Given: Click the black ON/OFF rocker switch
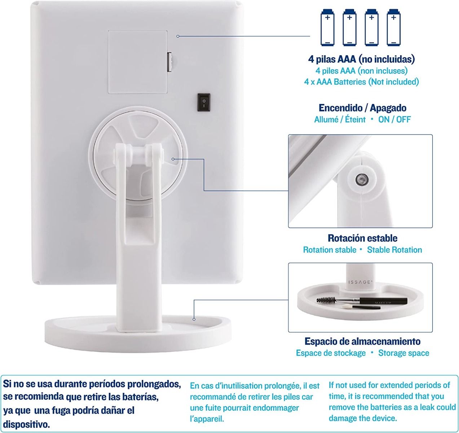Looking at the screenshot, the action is (x=204, y=102).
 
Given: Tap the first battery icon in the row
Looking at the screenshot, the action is (x=327, y=27).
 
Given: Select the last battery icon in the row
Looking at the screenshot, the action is (x=394, y=27).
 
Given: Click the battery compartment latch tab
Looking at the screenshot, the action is (x=170, y=62).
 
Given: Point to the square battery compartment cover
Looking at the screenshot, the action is (x=138, y=62).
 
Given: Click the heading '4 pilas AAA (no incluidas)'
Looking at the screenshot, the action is (x=362, y=59).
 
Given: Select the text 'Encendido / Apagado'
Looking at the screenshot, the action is (x=362, y=108).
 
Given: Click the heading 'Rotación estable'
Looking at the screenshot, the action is (x=362, y=238).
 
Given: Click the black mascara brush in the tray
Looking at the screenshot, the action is (x=362, y=301).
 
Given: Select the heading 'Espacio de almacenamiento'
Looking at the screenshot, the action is (x=362, y=341).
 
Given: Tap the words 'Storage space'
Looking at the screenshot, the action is (x=403, y=353).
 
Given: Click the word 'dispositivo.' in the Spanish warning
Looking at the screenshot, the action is (x=26, y=424).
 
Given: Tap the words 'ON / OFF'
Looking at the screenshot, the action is (x=394, y=119).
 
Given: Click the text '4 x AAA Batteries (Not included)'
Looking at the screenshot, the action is (x=362, y=82).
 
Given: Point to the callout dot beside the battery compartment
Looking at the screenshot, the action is (x=178, y=36).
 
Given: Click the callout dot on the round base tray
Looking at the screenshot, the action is (x=194, y=319).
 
